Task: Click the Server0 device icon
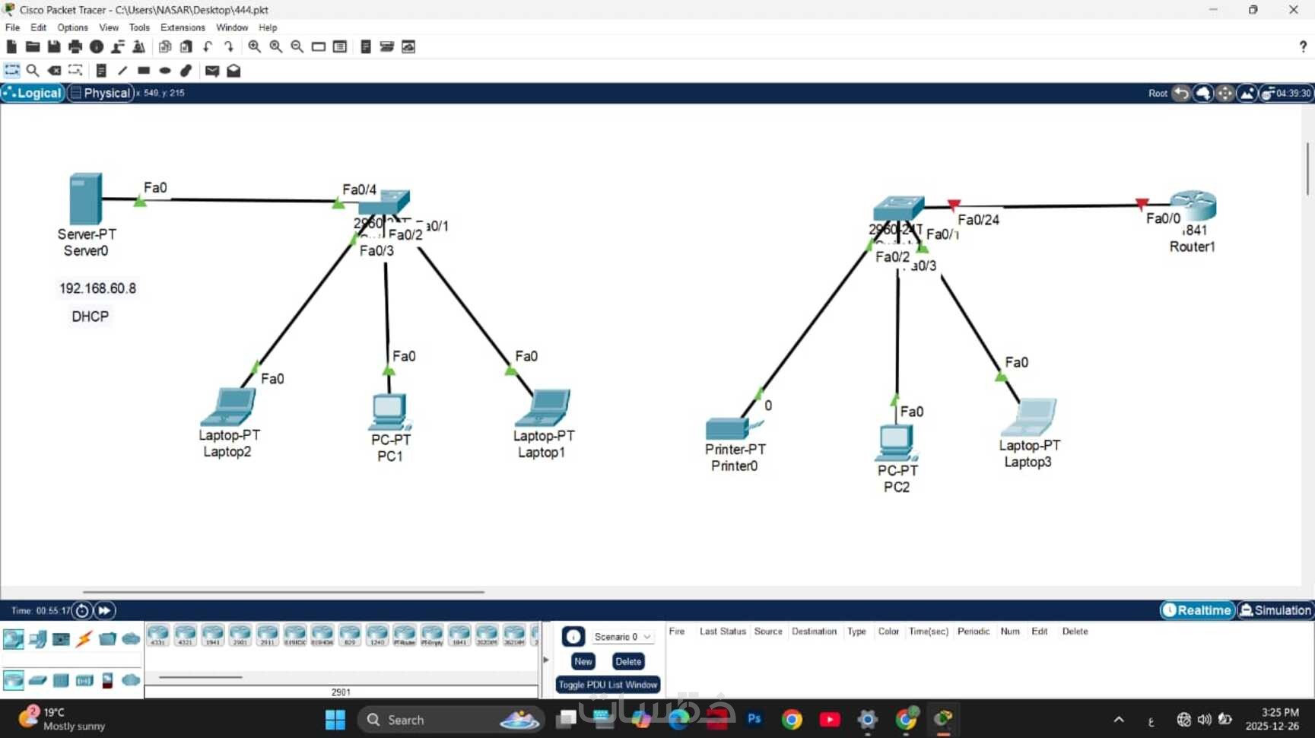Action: pyautogui.click(x=85, y=199)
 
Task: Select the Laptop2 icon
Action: pyautogui.click(x=228, y=407)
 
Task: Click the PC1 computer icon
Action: pyautogui.click(x=389, y=412)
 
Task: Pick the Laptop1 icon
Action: pyautogui.click(x=543, y=408)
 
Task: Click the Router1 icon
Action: pyautogui.click(x=1193, y=205)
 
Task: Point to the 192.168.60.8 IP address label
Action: pyautogui.click(x=97, y=288)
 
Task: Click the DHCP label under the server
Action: pyautogui.click(x=90, y=317)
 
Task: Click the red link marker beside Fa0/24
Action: pyautogui.click(x=954, y=205)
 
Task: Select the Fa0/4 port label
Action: pyautogui.click(x=359, y=189)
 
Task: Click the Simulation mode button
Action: pyautogui.click(x=1275, y=610)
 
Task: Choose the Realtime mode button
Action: pyautogui.click(x=1197, y=610)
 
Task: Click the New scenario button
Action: pyautogui.click(x=583, y=661)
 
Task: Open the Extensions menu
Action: pyautogui.click(x=183, y=27)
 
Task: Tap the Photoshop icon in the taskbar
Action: pyautogui.click(x=754, y=719)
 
